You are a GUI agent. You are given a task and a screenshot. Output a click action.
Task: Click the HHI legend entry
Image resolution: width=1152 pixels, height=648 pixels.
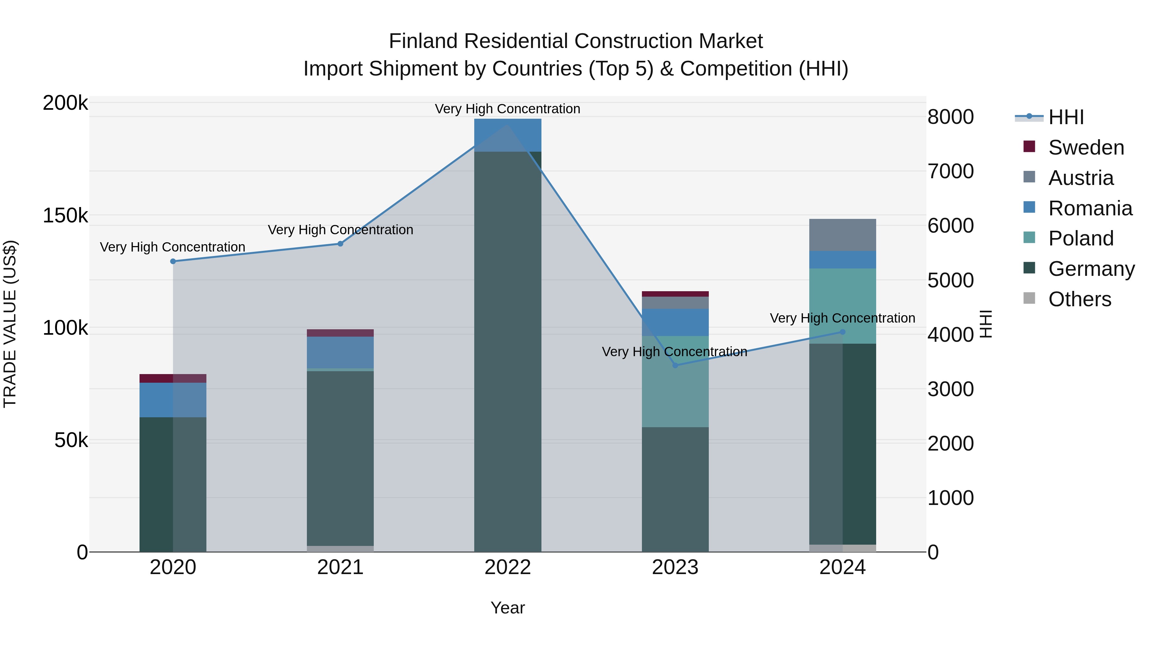(1066, 117)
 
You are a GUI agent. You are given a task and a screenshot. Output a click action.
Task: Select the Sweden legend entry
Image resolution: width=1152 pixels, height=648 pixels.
(1086, 148)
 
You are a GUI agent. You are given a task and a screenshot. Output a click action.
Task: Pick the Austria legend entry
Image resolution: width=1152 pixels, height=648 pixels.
(1080, 178)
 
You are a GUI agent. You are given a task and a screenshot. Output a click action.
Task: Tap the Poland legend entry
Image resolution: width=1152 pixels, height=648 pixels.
(1080, 238)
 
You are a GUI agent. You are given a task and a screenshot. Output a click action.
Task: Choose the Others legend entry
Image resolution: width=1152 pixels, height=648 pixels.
(1080, 299)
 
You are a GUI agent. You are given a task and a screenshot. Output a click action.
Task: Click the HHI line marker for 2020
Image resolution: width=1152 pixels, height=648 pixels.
(173, 261)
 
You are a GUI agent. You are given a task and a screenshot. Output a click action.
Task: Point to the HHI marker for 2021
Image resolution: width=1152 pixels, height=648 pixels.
(340, 244)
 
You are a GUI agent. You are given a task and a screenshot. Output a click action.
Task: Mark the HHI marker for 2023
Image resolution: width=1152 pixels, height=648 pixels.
(675, 365)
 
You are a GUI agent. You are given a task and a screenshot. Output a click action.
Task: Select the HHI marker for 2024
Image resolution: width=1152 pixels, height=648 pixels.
(843, 332)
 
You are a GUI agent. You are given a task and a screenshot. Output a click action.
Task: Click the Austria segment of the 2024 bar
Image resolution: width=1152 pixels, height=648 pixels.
(843, 235)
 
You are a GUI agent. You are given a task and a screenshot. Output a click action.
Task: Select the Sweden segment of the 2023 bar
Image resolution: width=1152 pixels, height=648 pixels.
(675, 294)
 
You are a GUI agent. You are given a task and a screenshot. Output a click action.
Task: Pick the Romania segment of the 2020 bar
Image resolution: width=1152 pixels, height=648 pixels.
(173, 400)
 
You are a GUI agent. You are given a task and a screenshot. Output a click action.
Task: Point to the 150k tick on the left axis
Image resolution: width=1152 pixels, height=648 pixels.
(65, 216)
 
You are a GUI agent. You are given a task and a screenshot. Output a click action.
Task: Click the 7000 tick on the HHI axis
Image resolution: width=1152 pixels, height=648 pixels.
(950, 171)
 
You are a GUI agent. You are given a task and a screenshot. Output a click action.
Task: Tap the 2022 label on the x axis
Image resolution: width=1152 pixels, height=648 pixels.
(508, 567)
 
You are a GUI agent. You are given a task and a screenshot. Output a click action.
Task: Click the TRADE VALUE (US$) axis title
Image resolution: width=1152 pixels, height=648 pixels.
(10, 324)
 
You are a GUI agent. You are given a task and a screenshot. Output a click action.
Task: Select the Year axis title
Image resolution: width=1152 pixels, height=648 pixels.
(508, 608)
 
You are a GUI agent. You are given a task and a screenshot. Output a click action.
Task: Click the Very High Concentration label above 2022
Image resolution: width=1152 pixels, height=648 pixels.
(508, 109)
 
